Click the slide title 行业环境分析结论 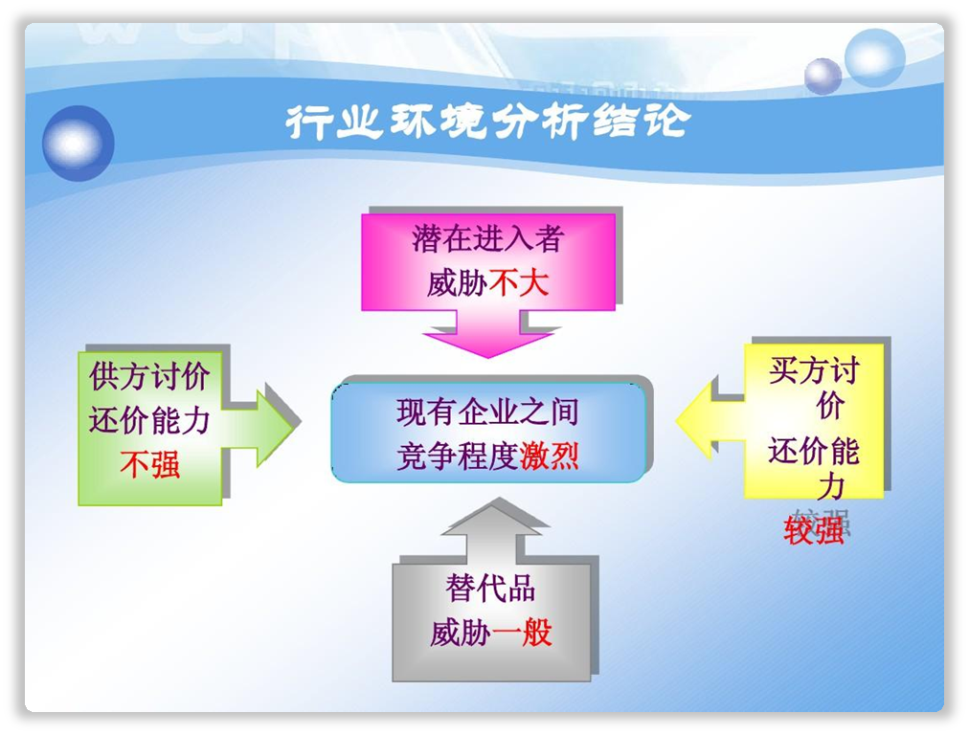coord(487,121)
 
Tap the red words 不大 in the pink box coord(518,284)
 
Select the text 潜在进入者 coord(488,239)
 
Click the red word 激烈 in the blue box coord(550,457)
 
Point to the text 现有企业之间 coord(487,412)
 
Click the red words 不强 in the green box coord(150,465)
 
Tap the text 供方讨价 coord(149,376)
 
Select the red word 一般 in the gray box coord(522,634)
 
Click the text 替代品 coord(490,588)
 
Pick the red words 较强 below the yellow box coord(813,530)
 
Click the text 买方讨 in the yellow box coord(814,370)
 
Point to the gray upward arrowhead coord(493,518)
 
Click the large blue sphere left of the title coord(78,144)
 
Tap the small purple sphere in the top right coord(823,76)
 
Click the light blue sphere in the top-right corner coord(874,57)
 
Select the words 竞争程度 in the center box coord(458,457)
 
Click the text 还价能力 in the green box coord(149,421)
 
